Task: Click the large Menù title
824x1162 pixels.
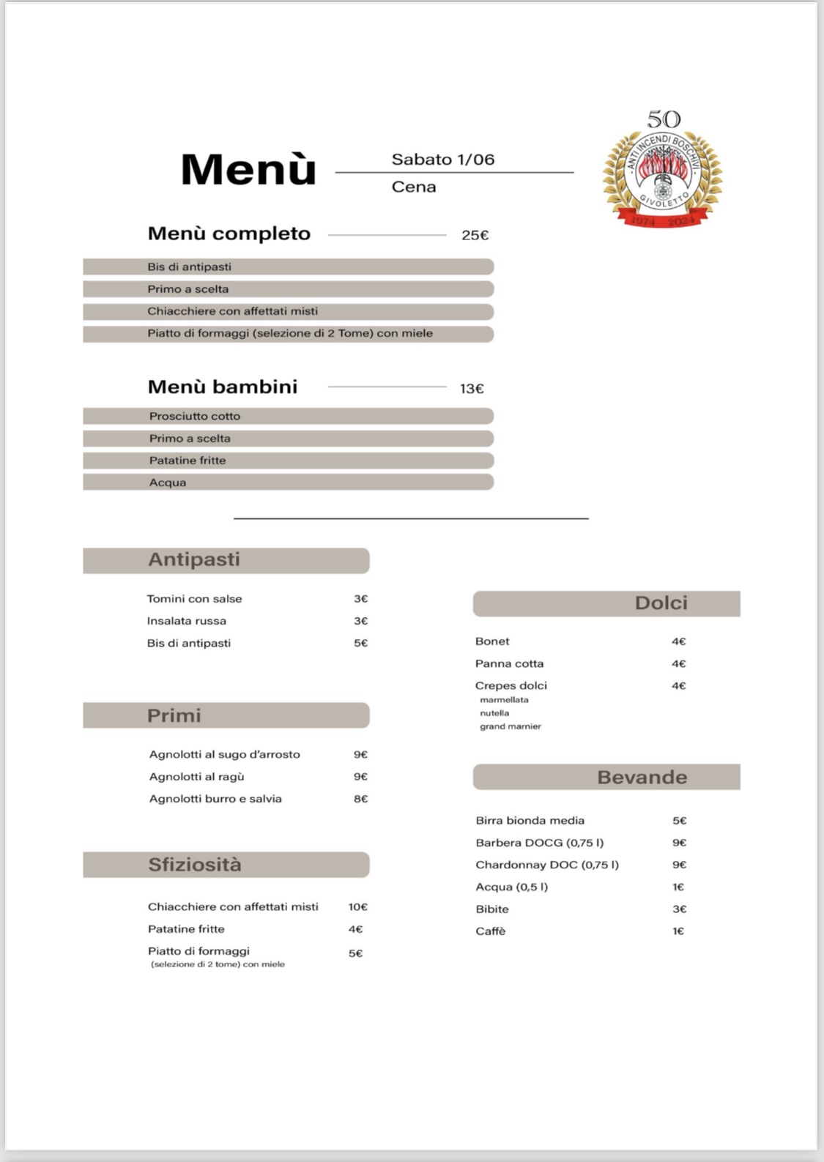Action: [248, 169]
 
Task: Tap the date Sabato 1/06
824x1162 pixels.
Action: [442, 160]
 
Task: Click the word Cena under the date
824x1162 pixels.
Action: [414, 187]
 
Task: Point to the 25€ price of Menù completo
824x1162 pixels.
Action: [475, 235]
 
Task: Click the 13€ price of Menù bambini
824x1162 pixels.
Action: [472, 389]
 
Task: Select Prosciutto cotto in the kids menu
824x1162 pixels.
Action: [195, 416]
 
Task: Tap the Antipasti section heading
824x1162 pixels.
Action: [194, 559]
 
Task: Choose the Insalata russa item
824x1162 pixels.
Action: [187, 621]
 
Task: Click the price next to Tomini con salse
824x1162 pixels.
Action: [360, 599]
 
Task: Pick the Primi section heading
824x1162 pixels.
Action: [174, 715]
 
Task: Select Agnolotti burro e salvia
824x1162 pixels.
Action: [215, 799]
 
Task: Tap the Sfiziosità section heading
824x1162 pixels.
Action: [195, 865]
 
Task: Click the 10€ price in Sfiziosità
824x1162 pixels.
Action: [357, 907]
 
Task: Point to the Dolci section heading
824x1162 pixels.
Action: [661, 603]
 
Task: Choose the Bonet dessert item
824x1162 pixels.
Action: [492, 641]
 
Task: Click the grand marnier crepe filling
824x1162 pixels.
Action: [511, 726]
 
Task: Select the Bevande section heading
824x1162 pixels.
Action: [642, 778]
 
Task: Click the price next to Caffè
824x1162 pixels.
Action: [678, 931]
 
